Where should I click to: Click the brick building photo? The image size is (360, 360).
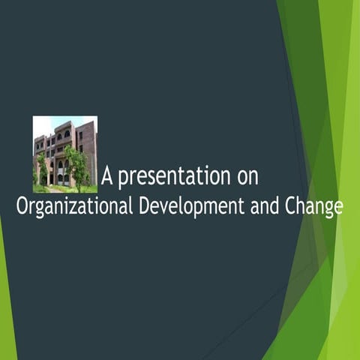(x=65, y=154)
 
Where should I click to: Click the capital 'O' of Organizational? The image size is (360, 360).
(x=23, y=205)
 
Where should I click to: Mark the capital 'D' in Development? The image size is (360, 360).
(x=144, y=205)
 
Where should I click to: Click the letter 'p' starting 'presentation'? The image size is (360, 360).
(x=124, y=180)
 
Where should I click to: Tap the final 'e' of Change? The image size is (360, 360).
(x=338, y=207)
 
